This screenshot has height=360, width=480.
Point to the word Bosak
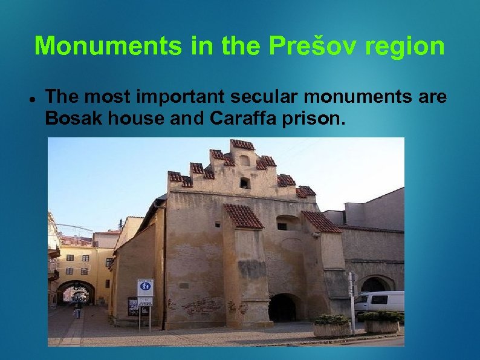[x=74, y=119]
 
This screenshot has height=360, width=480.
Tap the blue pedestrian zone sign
[x=145, y=287]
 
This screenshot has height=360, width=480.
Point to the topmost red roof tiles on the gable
[x=242, y=145]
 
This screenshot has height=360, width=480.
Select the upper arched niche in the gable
[x=244, y=161]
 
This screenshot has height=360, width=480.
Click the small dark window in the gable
[x=244, y=183]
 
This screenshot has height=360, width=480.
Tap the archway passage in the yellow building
[x=76, y=293]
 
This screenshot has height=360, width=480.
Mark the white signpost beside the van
[x=351, y=303]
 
